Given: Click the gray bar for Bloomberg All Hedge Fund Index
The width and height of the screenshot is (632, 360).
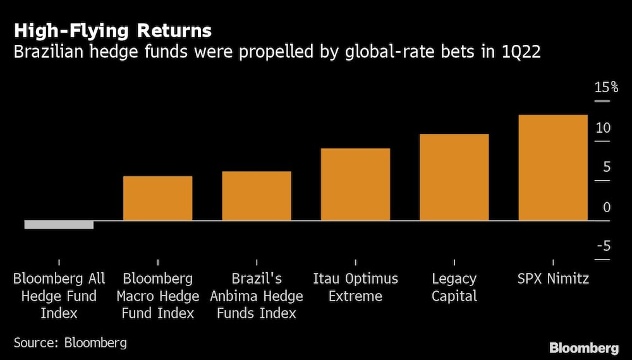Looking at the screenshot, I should (59, 224).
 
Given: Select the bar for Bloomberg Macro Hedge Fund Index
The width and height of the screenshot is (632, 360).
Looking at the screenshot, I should (157, 198).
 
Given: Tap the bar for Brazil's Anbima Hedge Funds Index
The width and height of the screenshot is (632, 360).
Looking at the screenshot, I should (257, 196).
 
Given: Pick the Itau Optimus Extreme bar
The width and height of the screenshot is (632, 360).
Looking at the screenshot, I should (355, 184).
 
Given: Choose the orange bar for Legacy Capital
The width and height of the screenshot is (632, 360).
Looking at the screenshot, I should (454, 177).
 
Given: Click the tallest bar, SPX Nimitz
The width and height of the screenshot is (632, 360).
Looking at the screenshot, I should (553, 167).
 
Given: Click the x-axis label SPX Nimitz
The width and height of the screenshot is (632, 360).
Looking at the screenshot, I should (553, 279).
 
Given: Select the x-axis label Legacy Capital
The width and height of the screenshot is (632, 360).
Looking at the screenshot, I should (454, 287).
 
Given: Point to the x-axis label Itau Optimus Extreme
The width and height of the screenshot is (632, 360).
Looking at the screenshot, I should (355, 287).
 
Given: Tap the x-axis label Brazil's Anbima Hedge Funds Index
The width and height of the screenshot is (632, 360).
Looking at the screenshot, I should (257, 296).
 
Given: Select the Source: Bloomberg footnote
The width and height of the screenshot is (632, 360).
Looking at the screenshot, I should (70, 343).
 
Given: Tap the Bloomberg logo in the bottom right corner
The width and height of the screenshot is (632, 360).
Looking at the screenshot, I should (583, 347).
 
